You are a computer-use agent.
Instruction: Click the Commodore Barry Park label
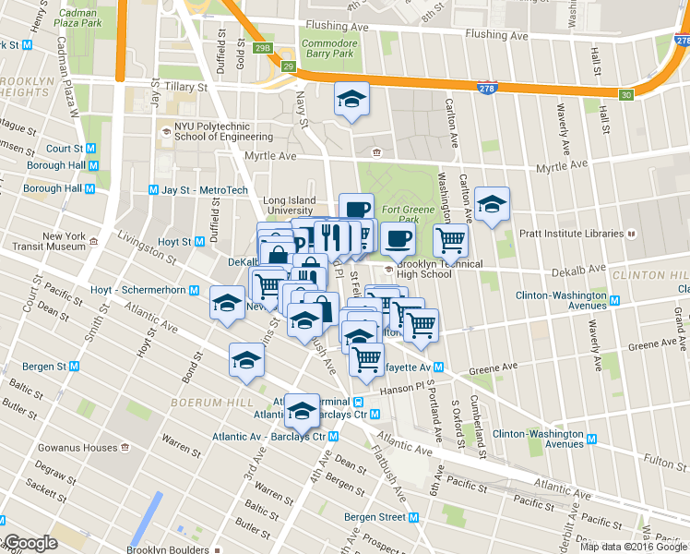point(328,48)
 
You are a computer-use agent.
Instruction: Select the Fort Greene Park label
point(402,214)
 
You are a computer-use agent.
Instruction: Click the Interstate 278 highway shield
point(488,88)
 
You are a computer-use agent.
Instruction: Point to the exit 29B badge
point(262,46)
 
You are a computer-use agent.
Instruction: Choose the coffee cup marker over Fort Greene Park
point(398,239)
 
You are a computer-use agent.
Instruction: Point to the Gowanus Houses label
point(78,448)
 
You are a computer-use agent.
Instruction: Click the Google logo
point(30,544)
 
